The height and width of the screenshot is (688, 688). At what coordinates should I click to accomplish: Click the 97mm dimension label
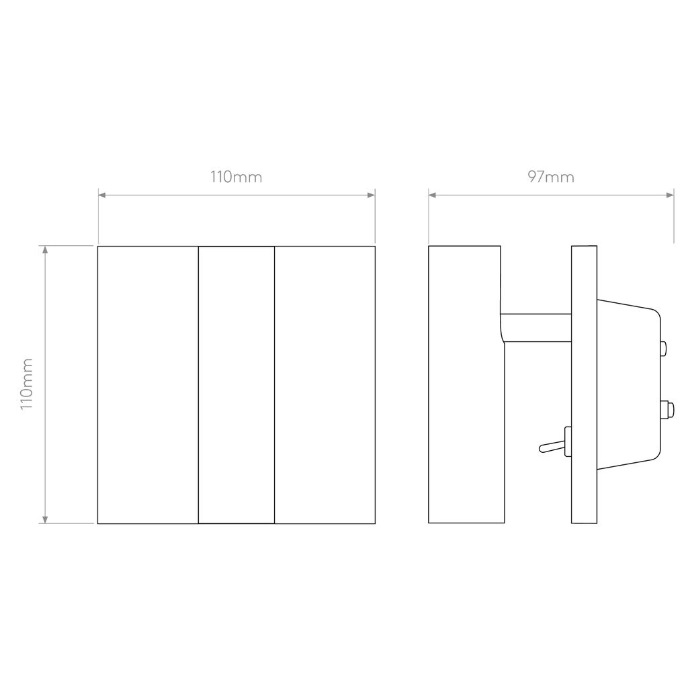click(551, 177)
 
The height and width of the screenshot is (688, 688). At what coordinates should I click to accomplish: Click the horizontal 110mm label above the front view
click(236, 177)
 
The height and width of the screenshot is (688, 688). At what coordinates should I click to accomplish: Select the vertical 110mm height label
click(27, 384)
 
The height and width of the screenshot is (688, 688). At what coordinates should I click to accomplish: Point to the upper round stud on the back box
click(663, 349)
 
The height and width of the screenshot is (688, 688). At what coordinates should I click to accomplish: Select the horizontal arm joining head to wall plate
click(535, 328)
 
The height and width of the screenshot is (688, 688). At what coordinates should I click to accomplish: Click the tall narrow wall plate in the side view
click(584, 384)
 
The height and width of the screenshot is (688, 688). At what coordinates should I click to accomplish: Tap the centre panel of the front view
click(236, 385)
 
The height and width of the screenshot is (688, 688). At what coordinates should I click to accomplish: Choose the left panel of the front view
click(148, 385)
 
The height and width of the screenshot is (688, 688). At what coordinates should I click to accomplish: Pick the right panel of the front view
click(325, 385)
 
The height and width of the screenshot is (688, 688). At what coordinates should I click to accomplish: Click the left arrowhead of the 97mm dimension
click(432, 195)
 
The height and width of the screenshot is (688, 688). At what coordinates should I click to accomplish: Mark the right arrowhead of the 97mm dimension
click(670, 195)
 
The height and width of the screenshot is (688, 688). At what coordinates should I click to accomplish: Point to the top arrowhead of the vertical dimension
click(45, 250)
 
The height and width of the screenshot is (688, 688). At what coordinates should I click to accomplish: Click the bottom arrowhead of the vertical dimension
click(45, 520)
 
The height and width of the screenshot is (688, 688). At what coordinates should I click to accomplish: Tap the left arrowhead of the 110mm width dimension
click(102, 195)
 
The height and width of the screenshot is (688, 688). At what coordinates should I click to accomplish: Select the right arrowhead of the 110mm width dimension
click(371, 195)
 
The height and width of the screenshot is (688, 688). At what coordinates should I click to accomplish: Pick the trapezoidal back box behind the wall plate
click(629, 384)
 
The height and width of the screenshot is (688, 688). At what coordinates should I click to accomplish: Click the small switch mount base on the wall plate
click(568, 441)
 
